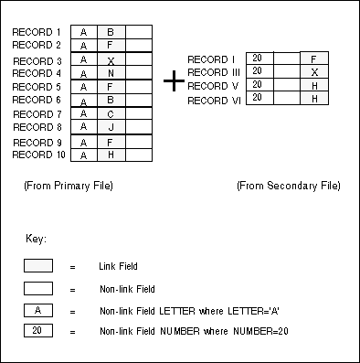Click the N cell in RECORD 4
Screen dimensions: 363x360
(x=111, y=73)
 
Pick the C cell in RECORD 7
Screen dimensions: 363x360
(x=111, y=114)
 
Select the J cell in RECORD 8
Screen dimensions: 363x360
(x=111, y=128)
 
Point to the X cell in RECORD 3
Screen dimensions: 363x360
(x=111, y=60)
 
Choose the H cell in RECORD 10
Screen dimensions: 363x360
(x=111, y=155)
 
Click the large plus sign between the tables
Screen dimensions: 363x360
(x=174, y=81)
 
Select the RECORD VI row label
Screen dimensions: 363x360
(x=215, y=100)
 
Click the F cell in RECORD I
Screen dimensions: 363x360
(x=314, y=59)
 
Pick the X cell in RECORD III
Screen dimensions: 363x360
(x=314, y=71)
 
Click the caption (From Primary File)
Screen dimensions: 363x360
(x=69, y=186)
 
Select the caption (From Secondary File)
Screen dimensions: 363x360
(x=288, y=186)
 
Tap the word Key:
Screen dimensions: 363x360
(x=37, y=239)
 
